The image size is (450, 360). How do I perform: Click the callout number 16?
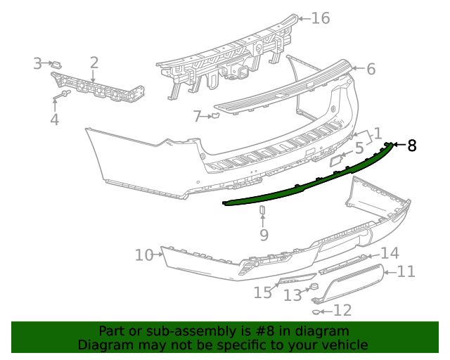[320, 18]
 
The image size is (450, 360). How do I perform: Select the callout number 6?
[371, 69]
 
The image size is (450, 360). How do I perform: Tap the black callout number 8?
[412, 146]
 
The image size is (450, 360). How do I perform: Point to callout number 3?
[38, 64]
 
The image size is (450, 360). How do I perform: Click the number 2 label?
[94, 63]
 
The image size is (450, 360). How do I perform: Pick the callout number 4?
[54, 120]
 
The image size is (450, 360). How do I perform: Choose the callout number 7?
[198, 116]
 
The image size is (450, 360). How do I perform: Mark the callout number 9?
[264, 234]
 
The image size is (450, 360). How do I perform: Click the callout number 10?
[143, 255]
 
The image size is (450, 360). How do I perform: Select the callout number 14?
[390, 254]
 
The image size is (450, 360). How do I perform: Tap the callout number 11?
[406, 271]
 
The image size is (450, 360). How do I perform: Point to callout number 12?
[342, 310]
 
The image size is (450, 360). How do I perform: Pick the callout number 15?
[263, 292]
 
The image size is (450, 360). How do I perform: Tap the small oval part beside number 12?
[316, 311]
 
